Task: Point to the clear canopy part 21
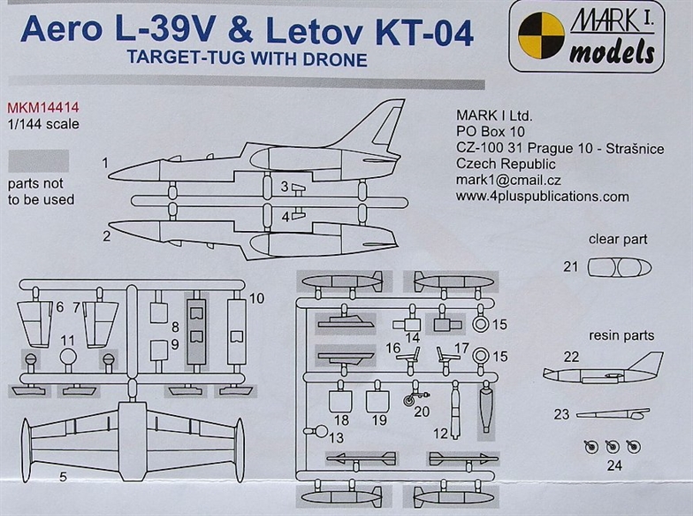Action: click(619, 267)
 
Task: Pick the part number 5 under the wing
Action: click(63, 478)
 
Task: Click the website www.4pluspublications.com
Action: click(543, 196)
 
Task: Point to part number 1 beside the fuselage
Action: click(105, 163)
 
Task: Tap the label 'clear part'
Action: click(618, 239)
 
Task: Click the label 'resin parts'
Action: click(621, 335)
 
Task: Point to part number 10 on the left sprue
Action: click(255, 298)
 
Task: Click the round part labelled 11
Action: click(69, 358)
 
